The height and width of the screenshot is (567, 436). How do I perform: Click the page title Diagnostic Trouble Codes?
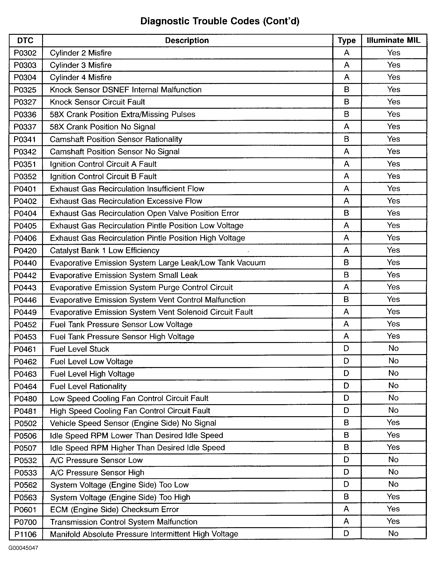[220, 21]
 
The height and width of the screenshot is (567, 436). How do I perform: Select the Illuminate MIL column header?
[393, 40]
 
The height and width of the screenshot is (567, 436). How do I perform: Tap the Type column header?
[347, 40]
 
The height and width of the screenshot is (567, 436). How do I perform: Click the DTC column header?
[25, 40]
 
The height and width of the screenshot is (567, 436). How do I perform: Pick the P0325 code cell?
[25, 90]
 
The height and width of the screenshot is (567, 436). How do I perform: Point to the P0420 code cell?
[25, 251]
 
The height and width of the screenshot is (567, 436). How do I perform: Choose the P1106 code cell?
[25, 534]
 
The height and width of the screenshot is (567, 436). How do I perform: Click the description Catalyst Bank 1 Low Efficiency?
[105, 250]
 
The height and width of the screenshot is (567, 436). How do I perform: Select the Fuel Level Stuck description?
[79, 349]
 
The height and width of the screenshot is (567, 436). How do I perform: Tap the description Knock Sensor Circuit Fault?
[97, 102]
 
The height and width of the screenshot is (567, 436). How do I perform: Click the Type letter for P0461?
[346, 348]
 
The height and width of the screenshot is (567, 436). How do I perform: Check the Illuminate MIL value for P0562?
[393, 484]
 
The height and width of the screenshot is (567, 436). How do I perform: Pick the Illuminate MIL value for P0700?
[393, 521]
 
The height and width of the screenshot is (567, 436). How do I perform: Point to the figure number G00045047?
[23, 548]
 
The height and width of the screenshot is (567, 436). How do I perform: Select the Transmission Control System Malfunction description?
[124, 522]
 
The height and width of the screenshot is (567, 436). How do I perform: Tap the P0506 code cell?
[25, 436]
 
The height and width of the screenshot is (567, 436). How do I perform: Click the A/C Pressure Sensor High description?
[97, 472]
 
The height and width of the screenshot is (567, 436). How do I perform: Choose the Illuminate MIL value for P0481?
[393, 410]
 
